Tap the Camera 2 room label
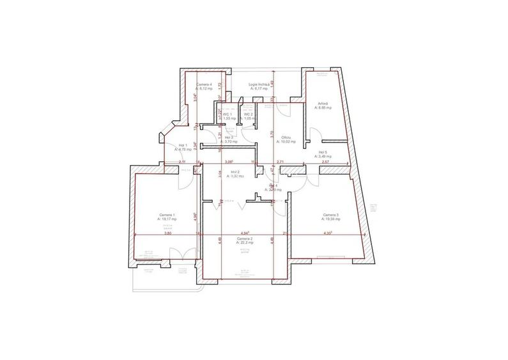[x=245, y=239]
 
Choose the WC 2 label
[x=249, y=114]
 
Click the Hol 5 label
[x=323, y=152]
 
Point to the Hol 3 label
[x=229, y=137]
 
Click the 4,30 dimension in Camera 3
[x=328, y=233]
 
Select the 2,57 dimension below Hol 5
[x=325, y=162]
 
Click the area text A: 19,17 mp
[x=167, y=219]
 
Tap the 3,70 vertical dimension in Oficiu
[x=272, y=136]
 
